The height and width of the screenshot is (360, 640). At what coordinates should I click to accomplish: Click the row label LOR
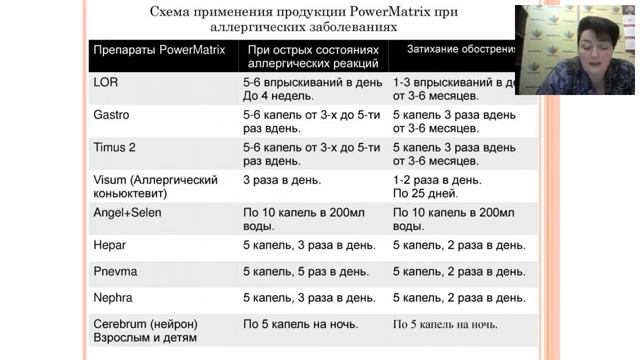(105, 82)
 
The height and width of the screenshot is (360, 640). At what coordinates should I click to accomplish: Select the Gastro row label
(111, 115)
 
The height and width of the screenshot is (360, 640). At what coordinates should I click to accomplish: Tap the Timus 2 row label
(114, 147)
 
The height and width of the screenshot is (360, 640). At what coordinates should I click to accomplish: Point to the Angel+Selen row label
(127, 213)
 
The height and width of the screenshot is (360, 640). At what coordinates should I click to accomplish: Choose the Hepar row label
(109, 245)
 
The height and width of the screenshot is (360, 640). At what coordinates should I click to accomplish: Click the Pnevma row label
(114, 271)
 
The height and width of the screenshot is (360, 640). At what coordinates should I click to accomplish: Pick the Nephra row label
(112, 297)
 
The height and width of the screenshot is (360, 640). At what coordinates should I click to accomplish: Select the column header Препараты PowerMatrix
(158, 49)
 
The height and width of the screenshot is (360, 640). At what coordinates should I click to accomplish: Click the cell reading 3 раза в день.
(281, 180)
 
